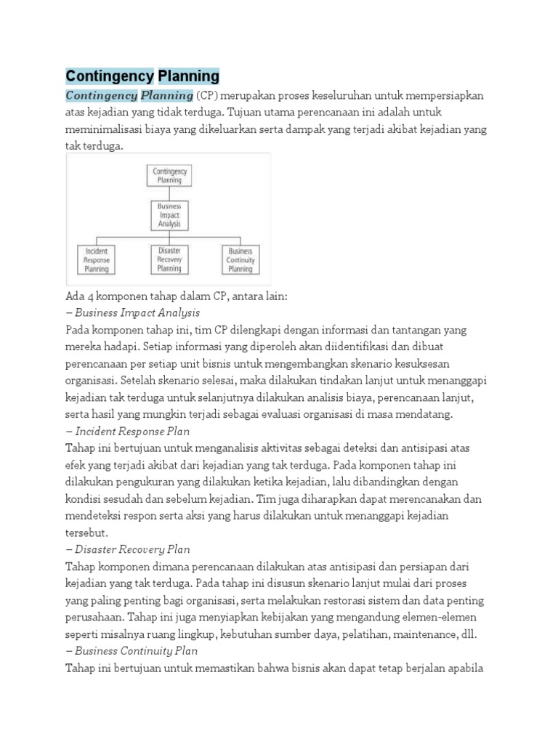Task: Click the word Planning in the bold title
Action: pyautogui.click(x=188, y=76)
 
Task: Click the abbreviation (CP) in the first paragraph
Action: pyautogui.click(x=208, y=96)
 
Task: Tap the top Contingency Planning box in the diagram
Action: pyautogui.click(x=169, y=176)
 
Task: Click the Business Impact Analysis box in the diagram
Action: pyautogui.click(x=169, y=216)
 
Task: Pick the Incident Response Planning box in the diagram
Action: pyautogui.click(x=97, y=260)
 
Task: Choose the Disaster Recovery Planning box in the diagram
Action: pyautogui.click(x=169, y=259)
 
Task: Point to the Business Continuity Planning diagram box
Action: pyautogui.click(x=240, y=260)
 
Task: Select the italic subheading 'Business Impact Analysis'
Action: pyautogui.click(x=137, y=313)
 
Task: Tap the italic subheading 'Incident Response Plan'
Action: pyautogui.click(x=132, y=431)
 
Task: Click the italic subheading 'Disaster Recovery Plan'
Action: pyautogui.click(x=132, y=549)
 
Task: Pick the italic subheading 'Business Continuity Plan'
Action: pyautogui.click(x=136, y=650)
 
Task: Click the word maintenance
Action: pyautogui.click(x=421, y=634)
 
